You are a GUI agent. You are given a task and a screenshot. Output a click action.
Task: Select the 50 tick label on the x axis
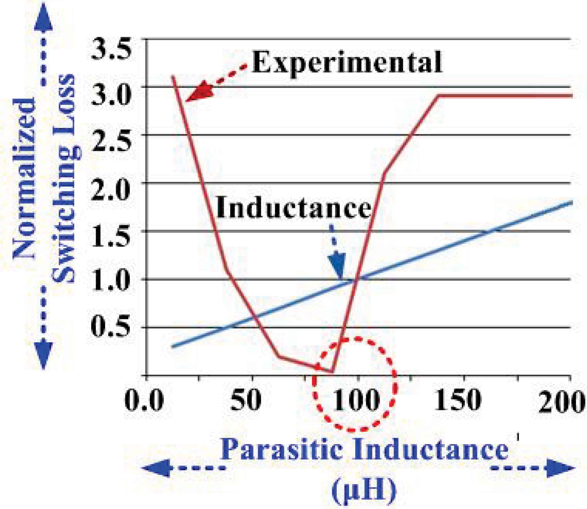click(x=246, y=401)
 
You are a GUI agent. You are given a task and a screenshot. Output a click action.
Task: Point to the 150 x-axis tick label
click(x=458, y=401)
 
